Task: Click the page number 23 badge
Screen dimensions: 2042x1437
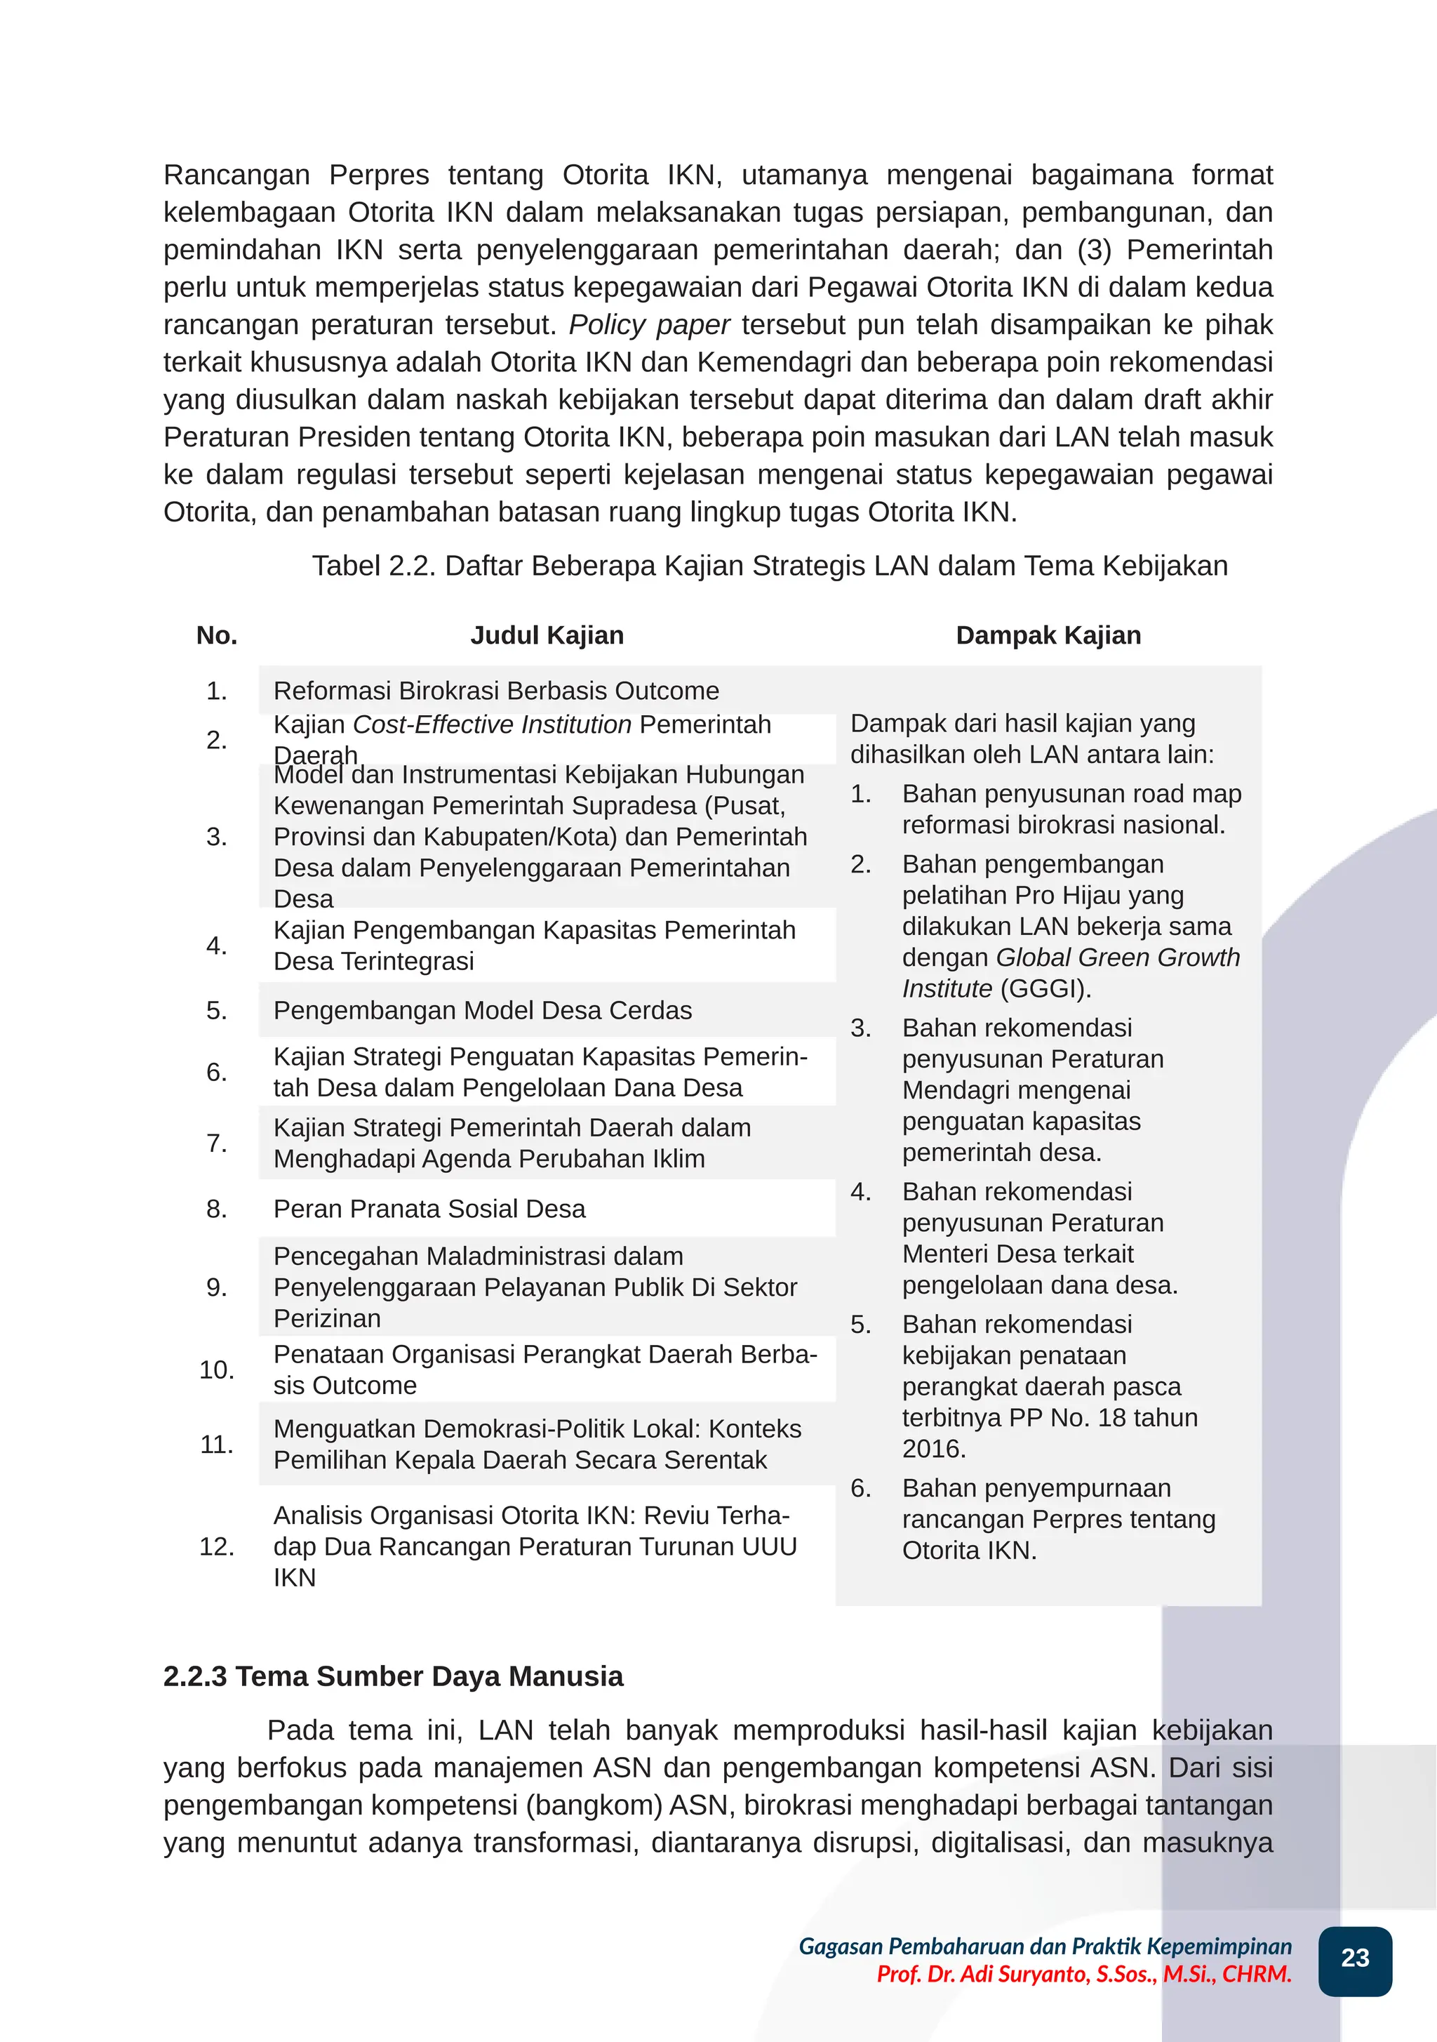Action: pyautogui.click(x=1354, y=1958)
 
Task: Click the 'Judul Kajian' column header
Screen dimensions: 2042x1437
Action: pyautogui.click(x=547, y=635)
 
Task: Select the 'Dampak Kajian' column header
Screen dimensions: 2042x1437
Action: pyautogui.click(x=1048, y=635)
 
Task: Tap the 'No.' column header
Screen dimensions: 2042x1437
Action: pyautogui.click(x=217, y=635)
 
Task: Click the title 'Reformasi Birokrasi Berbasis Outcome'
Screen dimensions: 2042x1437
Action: pyautogui.click(x=496, y=691)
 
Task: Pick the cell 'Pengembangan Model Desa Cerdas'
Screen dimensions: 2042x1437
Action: pyautogui.click(x=482, y=1010)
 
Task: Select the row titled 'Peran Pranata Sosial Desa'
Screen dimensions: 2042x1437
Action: pyautogui.click(x=429, y=1209)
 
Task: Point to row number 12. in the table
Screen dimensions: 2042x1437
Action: pyautogui.click(x=217, y=1546)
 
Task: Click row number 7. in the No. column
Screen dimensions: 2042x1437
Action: pyautogui.click(x=217, y=1143)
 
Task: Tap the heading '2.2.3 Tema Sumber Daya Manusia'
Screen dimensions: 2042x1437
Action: pyautogui.click(x=393, y=1676)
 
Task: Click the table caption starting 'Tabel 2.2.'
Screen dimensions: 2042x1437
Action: pyautogui.click(x=769, y=566)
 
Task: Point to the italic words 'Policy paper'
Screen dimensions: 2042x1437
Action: pyautogui.click(x=649, y=324)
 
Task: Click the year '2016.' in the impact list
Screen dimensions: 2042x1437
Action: pyautogui.click(x=934, y=1448)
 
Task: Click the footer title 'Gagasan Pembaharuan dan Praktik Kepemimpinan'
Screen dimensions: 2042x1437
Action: pyautogui.click(x=1045, y=1946)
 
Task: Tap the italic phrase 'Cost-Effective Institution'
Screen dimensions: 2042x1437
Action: pyautogui.click(x=492, y=725)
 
